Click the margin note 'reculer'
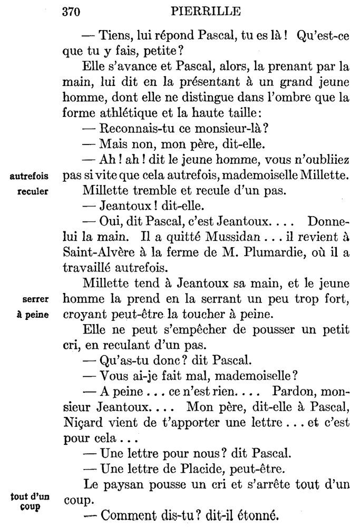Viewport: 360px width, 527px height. (x=34, y=191)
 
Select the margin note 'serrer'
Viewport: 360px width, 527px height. (x=36, y=299)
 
